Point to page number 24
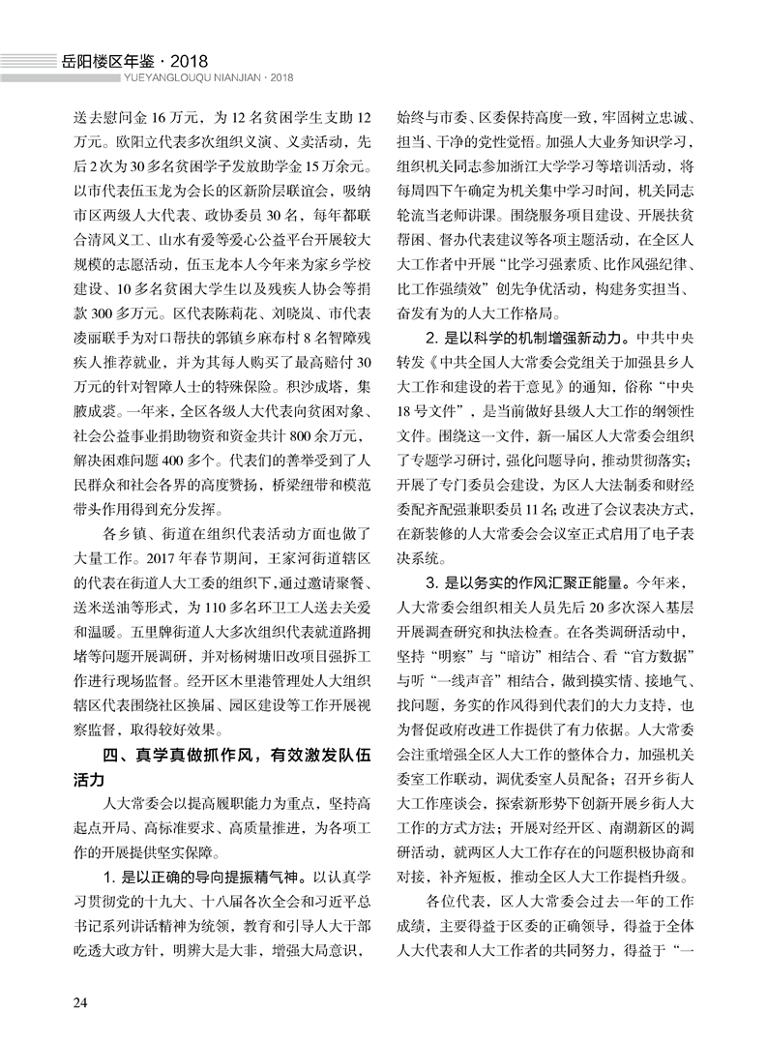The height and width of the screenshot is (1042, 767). [80, 1000]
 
